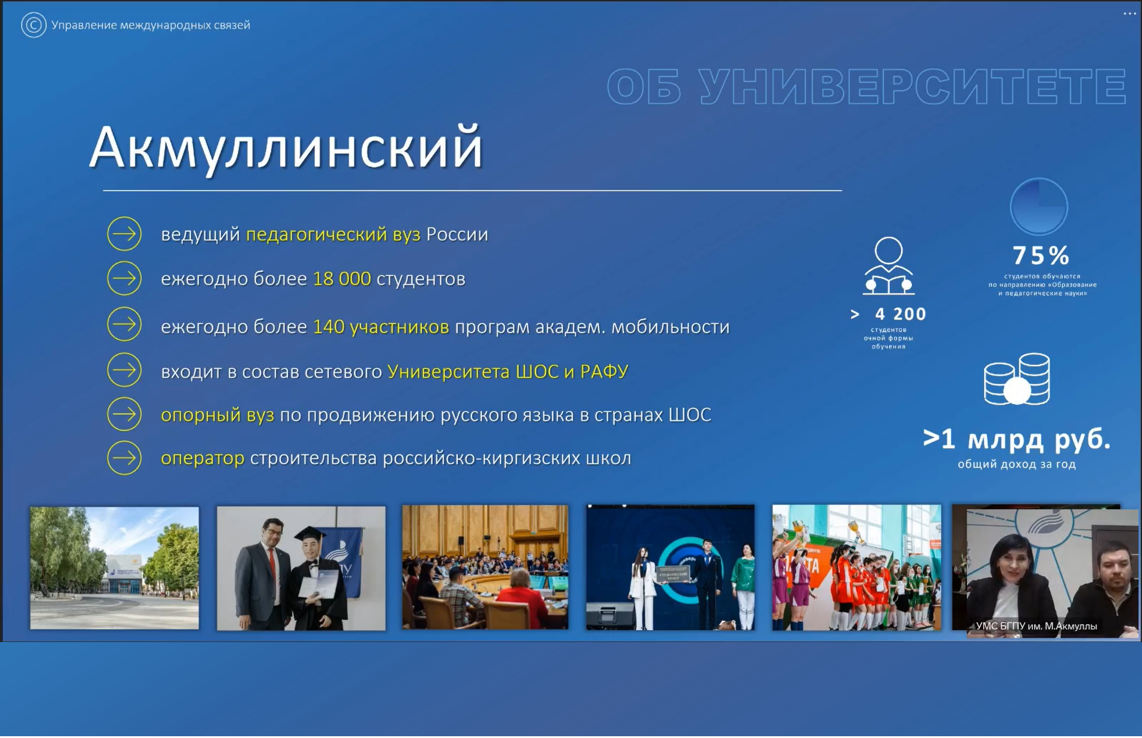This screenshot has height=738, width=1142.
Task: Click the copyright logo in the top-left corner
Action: pyautogui.click(x=33, y=25)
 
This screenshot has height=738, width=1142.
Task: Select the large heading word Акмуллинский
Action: pyautogui.click(x=286, y=148)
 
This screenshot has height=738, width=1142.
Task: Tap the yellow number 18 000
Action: pyautogui.click(x=342, y=278)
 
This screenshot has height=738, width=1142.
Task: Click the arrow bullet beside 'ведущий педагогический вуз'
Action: pyautogui.click(x=124, y=234)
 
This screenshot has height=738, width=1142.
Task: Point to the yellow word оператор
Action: pyautogui.click(x=203, y=458)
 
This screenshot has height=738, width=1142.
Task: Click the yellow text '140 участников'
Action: pyautogui.click(x=381, y=327)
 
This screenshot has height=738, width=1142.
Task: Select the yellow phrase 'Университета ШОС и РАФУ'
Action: pyautogui.click(x=508, y=371)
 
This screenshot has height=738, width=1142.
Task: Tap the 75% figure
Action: pyautogui.click(x=1041, y=256)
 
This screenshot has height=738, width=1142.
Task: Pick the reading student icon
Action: pyautogui.click(x=888, y=266)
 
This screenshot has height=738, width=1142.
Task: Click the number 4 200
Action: pyautogui.click(x=901, y=314)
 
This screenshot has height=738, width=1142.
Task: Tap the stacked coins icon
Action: pyautogui.click(x=1017, y=379)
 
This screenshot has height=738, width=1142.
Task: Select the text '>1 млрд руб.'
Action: pyautogui.click(x=1017, y=439)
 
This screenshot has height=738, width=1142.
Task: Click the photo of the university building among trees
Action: pyautogui.click(x=114, y=568)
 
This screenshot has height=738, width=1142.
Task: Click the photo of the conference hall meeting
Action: pyautogui.click(x=485, y=567)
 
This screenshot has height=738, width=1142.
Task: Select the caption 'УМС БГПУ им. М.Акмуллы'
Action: pyautogui.click(x=1037, y=626)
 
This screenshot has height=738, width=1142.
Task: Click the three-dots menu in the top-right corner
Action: pyautogui.click(x=1129, y=14)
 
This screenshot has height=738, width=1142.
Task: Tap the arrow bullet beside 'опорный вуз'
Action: pyautogui.click(x=124, y=414)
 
